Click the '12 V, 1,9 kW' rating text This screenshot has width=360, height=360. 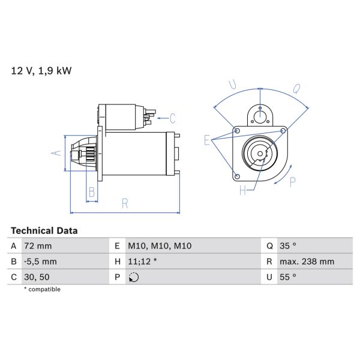(41, 71)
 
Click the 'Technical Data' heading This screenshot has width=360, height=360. (44, 230)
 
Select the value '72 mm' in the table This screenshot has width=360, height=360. (38, 246)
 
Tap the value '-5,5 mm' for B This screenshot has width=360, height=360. (41, 262)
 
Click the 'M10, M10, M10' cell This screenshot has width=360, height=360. (160, 246)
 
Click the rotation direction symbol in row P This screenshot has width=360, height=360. (133, 277)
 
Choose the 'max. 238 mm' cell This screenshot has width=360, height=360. (308, 262)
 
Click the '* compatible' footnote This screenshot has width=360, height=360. (42, 289)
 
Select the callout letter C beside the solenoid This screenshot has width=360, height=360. (172, 118)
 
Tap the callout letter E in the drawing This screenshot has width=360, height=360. (207, 140)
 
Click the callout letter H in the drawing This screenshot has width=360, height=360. (242, 191)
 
